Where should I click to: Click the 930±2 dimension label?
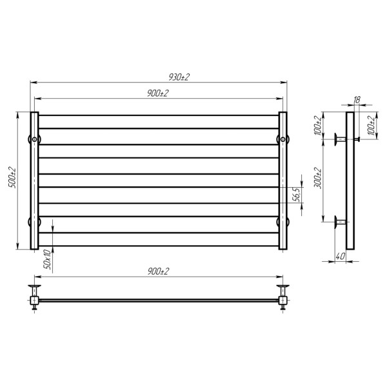tap(179, 77)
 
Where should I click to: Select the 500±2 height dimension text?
tap(12, 178)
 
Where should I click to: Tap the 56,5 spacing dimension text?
tap(298, 195)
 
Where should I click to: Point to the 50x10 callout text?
tap(47, 259)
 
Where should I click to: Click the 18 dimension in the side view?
tap(357, 100)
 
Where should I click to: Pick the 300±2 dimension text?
tap(318, 178)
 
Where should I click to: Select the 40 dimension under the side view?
tap(341, 256)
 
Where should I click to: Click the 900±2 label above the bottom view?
tap(158, 272)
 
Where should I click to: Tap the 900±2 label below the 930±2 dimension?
tap(158, 94)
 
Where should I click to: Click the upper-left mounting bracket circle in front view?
tap(34, 139)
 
